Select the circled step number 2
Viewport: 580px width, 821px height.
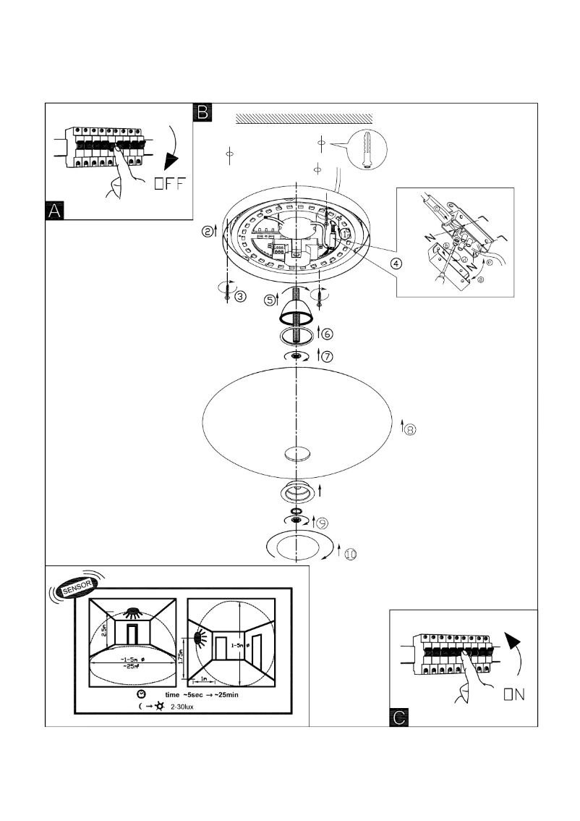[208, 232]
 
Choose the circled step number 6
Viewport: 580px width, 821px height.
[328, 334]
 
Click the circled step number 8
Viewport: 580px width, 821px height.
[409, 429]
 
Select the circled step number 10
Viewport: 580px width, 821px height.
[349, 553]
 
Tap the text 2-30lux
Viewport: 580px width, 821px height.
[186, 706]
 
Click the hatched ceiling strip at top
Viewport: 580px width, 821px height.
[304, 117]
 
